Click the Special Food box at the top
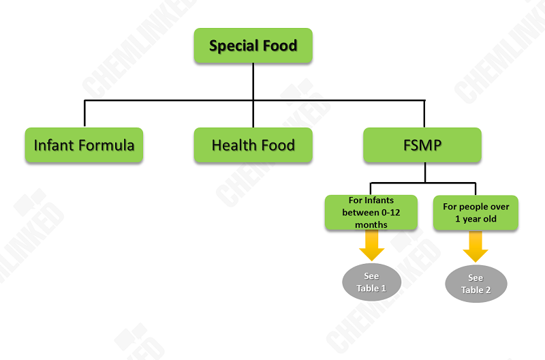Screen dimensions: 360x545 [253, 46]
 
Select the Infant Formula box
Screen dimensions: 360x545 [84, 145]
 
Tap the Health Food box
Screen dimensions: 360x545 [253, 145]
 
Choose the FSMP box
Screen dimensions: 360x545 [422, 145]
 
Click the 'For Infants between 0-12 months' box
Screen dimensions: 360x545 [371, 212]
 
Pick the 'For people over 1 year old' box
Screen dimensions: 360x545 [476, 212]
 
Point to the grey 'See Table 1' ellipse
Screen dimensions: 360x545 [371, 282]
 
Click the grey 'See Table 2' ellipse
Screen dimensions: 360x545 [476, 284]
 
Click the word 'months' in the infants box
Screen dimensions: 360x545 [371, 224]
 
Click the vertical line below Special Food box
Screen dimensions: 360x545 [253, 82]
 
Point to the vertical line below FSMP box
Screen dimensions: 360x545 [424, 172]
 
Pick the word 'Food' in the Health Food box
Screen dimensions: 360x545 [279, 145]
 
